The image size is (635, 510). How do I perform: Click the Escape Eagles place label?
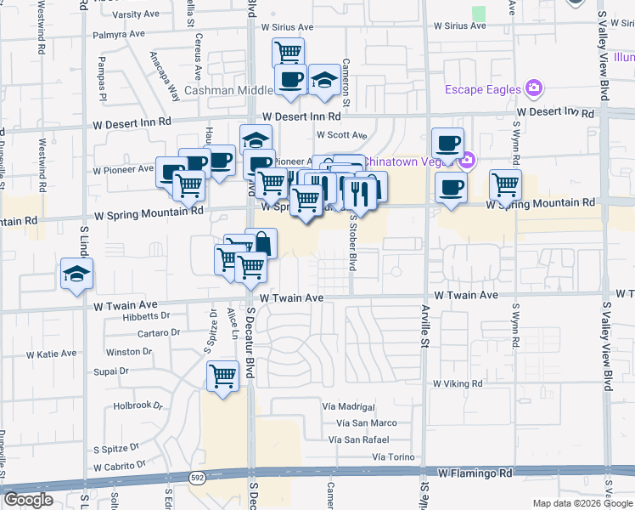point(484,88)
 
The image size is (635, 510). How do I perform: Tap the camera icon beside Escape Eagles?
point(534,88)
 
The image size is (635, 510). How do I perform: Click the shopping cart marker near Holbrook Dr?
point(223,375)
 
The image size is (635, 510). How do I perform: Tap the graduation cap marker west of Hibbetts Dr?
point(76,275)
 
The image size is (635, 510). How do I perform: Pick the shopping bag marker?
point(261,244)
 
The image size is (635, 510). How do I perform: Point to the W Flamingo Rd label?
point(477,472)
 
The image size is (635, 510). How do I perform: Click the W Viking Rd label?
point(458,384)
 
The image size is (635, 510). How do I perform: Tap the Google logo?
point(28,500)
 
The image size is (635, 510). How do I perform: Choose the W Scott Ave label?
point(341,134)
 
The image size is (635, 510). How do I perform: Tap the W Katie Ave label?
point(52,354)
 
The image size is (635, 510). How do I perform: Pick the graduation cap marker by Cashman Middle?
point(323,81)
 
